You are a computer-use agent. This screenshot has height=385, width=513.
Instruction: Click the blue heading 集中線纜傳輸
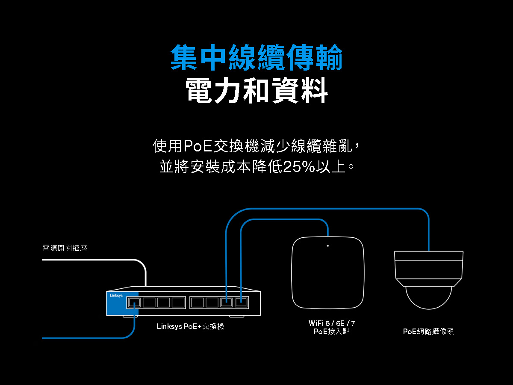(x=256, y=57)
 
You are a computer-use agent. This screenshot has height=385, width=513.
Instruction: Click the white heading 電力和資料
(x=256, y=90)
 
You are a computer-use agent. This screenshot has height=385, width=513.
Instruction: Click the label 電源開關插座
(x=65, y=248)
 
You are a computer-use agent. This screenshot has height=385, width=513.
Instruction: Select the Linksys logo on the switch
(x=116, y=296)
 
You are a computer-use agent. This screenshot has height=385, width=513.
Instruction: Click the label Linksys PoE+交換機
(x=191, y=326)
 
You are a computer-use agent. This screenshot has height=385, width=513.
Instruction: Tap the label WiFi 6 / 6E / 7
(x=332, y=323)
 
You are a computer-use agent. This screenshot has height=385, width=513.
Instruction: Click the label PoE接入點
(x=332, y=332)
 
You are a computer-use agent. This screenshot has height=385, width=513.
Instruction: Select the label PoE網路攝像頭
(x=428, y=332)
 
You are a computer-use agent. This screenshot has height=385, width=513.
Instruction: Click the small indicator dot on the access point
(x=327, y=246)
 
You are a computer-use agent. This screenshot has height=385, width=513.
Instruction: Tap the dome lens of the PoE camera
(x=429, y=298)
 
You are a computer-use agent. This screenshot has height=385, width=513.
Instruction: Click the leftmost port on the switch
(x=134, y=302)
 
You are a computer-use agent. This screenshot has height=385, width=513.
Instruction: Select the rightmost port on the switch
(x=241, y=302)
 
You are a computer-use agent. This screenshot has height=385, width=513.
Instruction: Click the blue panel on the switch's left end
(x=122, y=303)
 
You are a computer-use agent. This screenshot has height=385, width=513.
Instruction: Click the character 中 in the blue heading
(x=213, y=57)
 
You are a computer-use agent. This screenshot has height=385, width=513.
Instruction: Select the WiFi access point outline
(x=292, y=272)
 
